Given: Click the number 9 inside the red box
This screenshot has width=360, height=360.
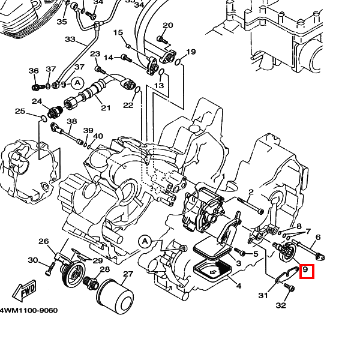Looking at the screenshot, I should click(x=305, y=271).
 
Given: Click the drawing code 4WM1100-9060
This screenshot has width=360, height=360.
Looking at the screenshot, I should click(x=29, y=310).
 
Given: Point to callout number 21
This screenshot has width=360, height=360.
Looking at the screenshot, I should click(x=106, y=108).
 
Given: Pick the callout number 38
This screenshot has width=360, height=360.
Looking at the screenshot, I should click(x=72, y=121).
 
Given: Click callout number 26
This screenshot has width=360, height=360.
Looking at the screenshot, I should click(x=43, y=242).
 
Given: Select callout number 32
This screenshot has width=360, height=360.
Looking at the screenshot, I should click(x=281, y=305).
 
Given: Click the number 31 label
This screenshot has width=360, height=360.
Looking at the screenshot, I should click(x=263, y=295).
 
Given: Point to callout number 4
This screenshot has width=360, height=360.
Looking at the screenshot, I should click(x=239, y=286).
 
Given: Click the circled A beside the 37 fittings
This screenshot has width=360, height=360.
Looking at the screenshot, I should click(x=77, y=82).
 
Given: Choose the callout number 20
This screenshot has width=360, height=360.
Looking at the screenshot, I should click(x=168, y=25).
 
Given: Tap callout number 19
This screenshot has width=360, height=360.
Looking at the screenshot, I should click(x=191, y=52).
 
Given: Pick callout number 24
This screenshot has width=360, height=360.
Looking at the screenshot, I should click(x=37, y=101).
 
